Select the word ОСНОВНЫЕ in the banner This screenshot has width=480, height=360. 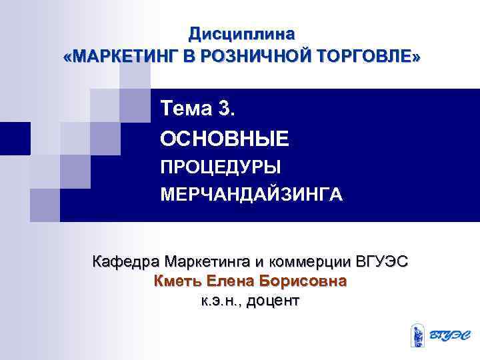click(225, 139)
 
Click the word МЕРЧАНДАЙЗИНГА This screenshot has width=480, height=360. click(251, 195)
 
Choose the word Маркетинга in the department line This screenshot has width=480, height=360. click(207, 260)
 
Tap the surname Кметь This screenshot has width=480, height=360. click(177, 281)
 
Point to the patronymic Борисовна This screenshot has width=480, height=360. click(305, 281)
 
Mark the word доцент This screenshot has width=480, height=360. click(273, 301)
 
